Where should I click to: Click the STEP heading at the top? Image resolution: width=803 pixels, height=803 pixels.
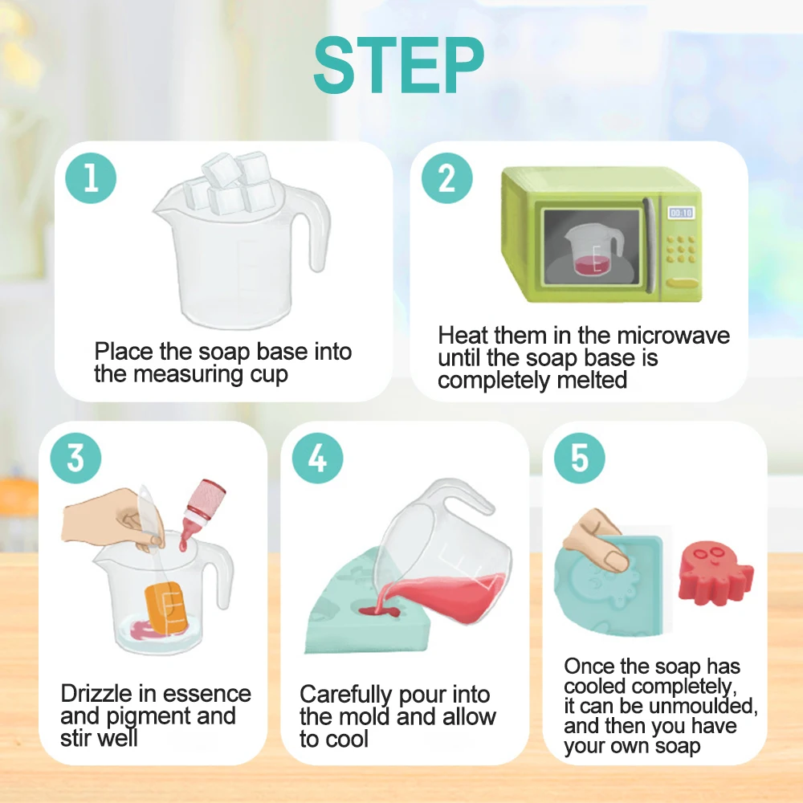399,66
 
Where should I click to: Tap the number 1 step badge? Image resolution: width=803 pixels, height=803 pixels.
91,178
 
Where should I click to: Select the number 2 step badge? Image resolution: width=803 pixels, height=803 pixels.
446,178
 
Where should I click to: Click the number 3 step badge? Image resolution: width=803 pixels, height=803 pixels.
75,459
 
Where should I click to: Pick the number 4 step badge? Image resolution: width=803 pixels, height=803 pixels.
317,459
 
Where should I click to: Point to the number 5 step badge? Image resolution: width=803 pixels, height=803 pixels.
579,459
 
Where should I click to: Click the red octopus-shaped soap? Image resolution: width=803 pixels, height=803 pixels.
713,572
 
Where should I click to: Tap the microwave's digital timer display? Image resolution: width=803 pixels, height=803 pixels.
681,213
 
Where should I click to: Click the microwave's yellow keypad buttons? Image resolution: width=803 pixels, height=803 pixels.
681,251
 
